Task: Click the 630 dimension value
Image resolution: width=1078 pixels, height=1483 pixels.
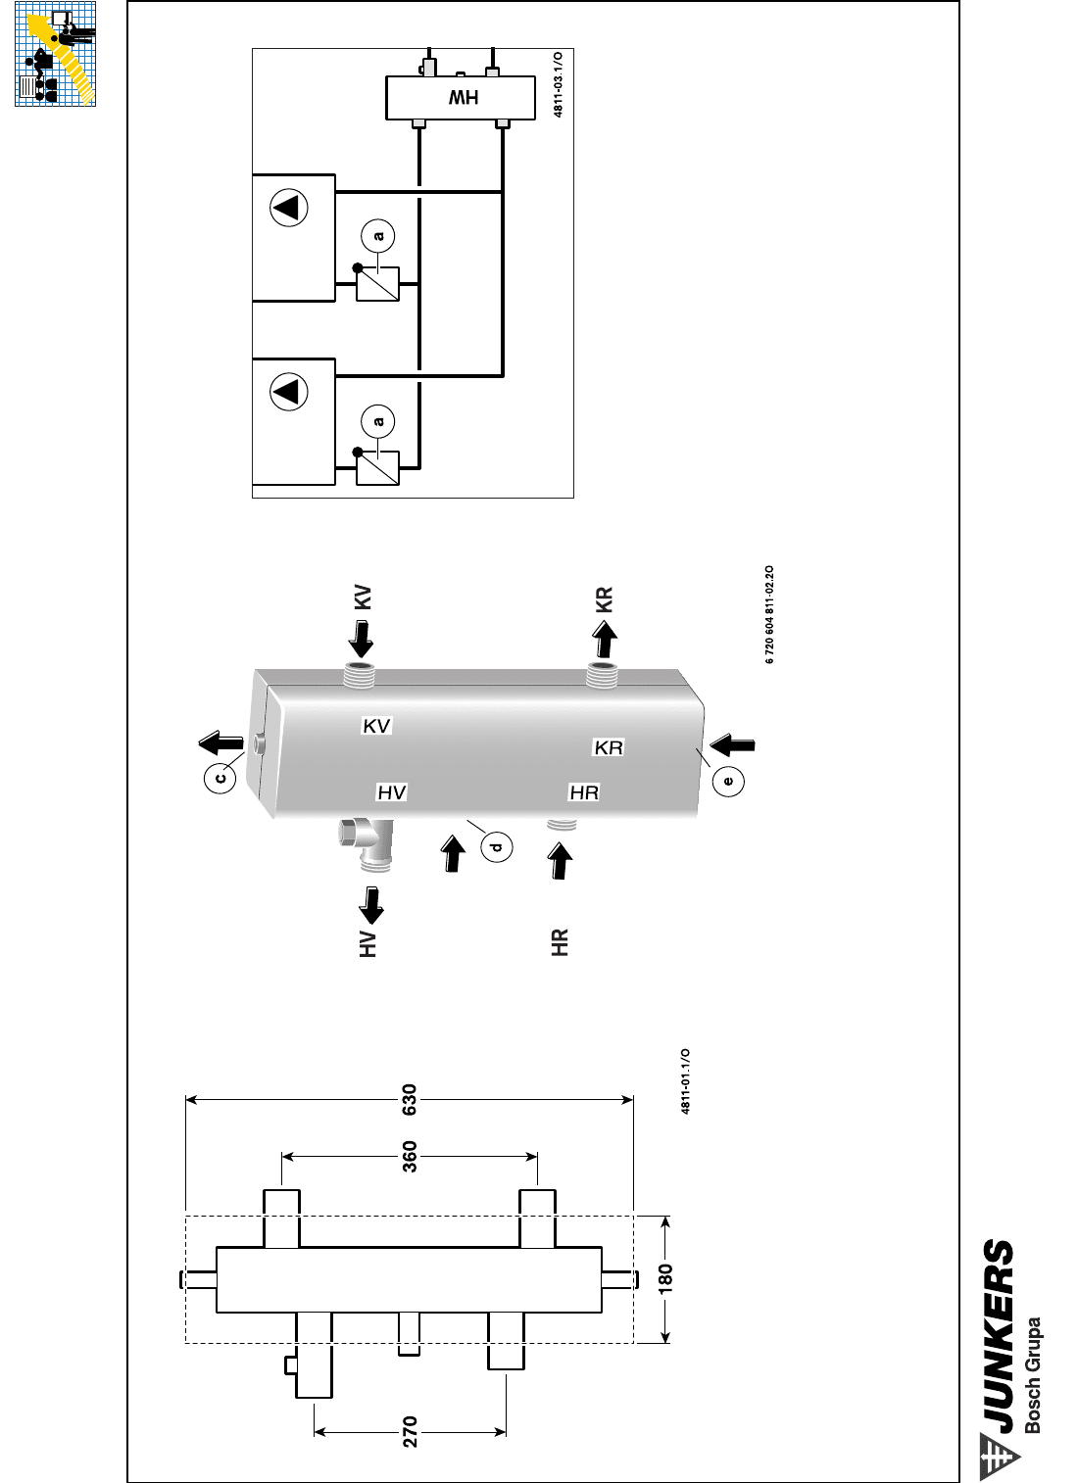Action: [x=410, y=1100]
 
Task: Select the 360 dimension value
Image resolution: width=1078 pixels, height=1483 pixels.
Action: [x=410, y=1157]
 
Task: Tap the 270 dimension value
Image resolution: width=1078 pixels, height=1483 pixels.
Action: [x=410, y=1432]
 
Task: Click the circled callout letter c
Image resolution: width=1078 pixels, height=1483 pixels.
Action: [x=220, y=777]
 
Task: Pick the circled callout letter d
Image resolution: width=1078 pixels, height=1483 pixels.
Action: [x=496, y=846]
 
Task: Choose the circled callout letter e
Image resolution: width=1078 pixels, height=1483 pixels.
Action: [x=727, y=782]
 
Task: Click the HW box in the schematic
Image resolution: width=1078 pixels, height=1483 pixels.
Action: [x=461, y=97]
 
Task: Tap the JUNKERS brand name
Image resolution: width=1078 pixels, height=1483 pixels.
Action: [x=999, y=1337]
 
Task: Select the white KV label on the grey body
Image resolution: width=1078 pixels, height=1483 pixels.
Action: [x=376, y=726]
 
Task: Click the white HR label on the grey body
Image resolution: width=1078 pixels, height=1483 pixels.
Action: [x=584, y=792]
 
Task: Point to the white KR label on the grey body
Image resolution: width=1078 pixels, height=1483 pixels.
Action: [x=609, y=747]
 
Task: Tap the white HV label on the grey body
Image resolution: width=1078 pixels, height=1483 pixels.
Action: [x=391, y=792]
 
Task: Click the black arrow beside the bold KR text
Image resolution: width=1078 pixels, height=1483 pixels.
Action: [x=605, y=640]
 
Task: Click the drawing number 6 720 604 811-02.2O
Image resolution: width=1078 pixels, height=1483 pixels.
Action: [x=769, y=614]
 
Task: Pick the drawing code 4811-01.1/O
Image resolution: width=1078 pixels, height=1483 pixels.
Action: [x=685, y=1081]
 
